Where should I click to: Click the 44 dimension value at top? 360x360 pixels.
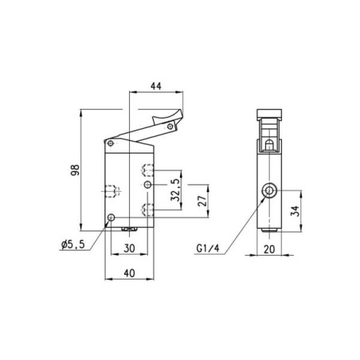(156, 86)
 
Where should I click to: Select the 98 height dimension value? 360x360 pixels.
(75, 170)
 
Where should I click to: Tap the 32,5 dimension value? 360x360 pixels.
(175, 190)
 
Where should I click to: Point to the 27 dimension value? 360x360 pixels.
(202, 202)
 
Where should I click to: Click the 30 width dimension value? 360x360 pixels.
(129, 248)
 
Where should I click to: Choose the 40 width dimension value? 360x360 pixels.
(129, 273)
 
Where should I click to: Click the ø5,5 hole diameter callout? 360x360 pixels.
(73, 245)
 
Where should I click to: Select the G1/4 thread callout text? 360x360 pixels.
(208, 248)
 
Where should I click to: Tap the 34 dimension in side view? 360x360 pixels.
(295, 211)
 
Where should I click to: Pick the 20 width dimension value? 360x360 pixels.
(269, 249)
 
